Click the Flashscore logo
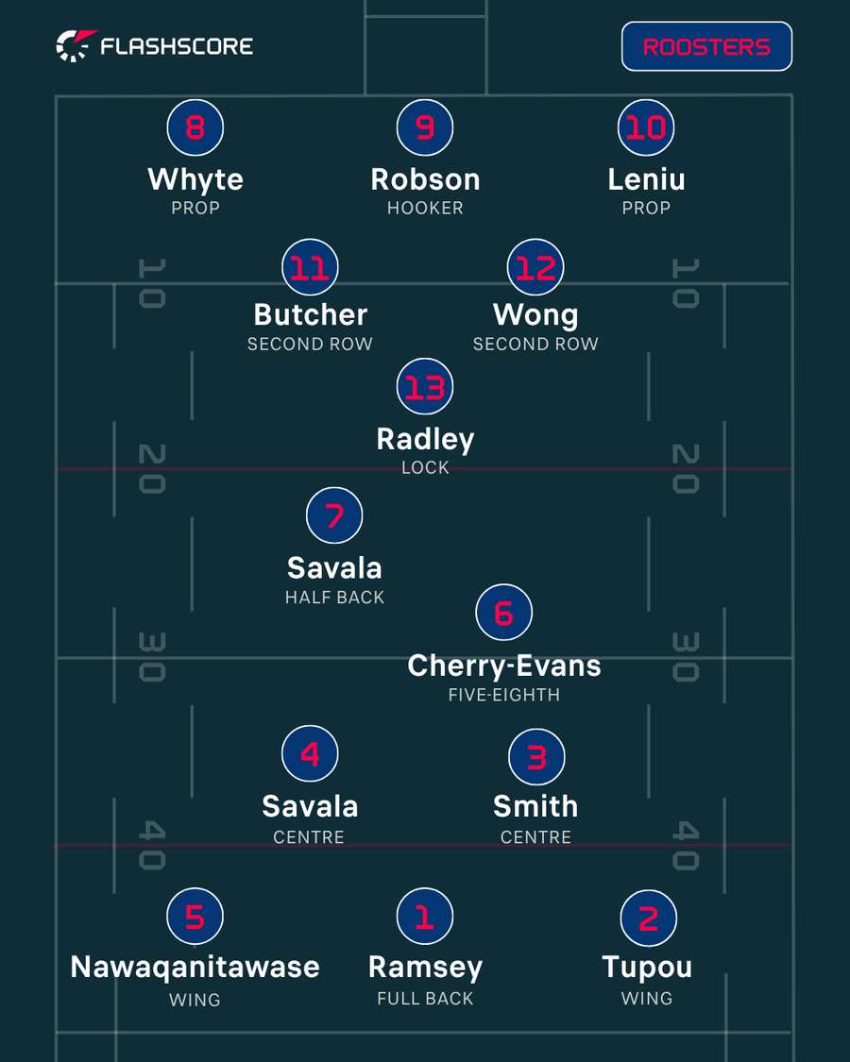coord(155,46)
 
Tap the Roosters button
coord(706,46)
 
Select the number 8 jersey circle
coord(195,127)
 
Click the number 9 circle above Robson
coord(425,127)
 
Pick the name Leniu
coord(646,179)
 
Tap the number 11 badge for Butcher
coord(310,267)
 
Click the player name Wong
coord(535,315)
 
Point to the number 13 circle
coord(425,386)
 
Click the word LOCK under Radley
coord(425,467)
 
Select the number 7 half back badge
coord(334,514)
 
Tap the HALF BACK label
coord(334,598)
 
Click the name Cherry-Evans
coord(504,666)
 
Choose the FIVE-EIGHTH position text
coord(504,695)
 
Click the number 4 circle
coord(310,753)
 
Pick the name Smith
coord(535,807)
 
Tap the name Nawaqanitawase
coord(195,968)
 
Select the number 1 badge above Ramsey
coord(425,916)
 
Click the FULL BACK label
coord(425,999)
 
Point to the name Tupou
coord(647,968)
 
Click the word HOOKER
coord(425,208)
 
